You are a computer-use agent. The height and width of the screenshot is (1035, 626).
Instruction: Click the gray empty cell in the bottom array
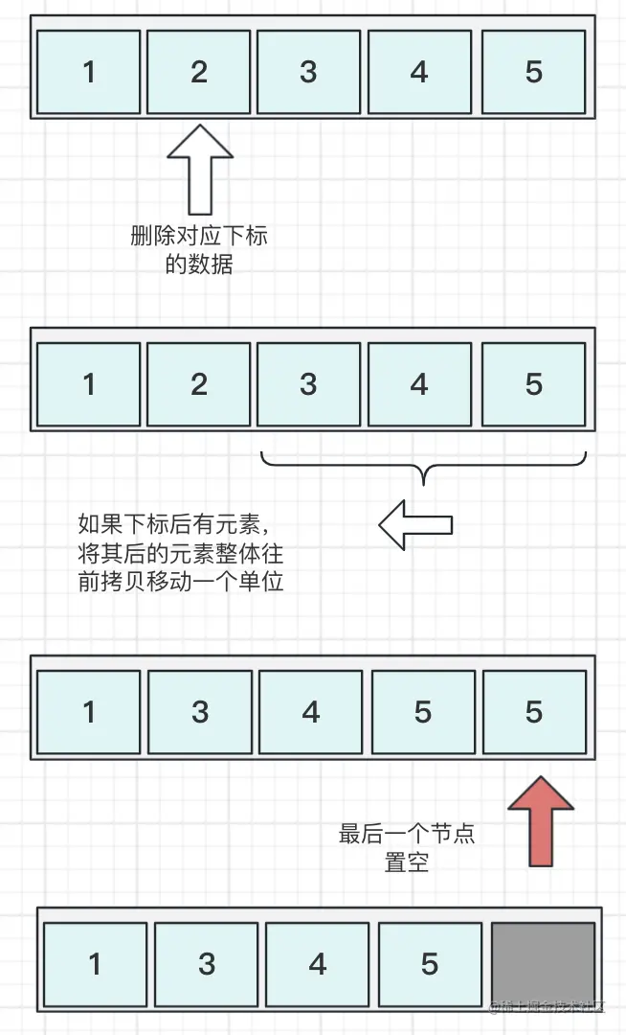pyautogui.click(x=543, y=962)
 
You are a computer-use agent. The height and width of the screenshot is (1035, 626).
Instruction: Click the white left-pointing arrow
pyautogui.click(x=414, y=523)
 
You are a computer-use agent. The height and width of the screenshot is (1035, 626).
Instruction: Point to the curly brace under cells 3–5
pyautogui.click(x=422, y=467)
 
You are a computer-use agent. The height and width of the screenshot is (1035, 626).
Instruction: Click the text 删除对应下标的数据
pyautogui.click(x=199, y=249)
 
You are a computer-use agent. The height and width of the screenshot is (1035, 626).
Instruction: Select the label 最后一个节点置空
pyautogui.click(x=407, y=847)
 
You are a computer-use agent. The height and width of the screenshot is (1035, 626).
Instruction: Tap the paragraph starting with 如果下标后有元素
pyautogui.click(x=181, y=553)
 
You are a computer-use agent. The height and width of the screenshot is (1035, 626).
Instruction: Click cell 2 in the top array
pyautogui.click(x=199, y=72)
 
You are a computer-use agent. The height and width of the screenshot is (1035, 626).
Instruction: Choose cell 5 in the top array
pyautogui.click(x=534, y=72)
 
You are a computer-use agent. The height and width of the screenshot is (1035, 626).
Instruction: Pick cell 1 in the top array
pyautogui.click(x=89, y=72)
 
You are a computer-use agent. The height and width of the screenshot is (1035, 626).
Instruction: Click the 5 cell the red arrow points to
pyautogui.click(x=534, y=711)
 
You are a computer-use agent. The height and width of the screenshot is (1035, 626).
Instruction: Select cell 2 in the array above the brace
pyautogui.click(x=199, y=383)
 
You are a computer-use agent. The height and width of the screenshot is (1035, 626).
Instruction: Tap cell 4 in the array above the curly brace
pyautogui.click(x=419, y=383)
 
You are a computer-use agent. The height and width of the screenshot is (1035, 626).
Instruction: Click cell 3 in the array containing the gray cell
pyautogui.click(x=207, y=962)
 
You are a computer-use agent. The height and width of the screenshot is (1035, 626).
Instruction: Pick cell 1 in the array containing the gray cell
pyautogui.click(x=95, y=962)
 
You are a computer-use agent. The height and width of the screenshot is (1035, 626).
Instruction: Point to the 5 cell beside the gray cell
pyautogui.click(x=430, y=962)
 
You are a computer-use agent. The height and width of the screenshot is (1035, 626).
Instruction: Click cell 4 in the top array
pyautogui.click(x=419, y=72)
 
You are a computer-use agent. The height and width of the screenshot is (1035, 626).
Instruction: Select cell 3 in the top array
pyautogui.click(x=308, y=72)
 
